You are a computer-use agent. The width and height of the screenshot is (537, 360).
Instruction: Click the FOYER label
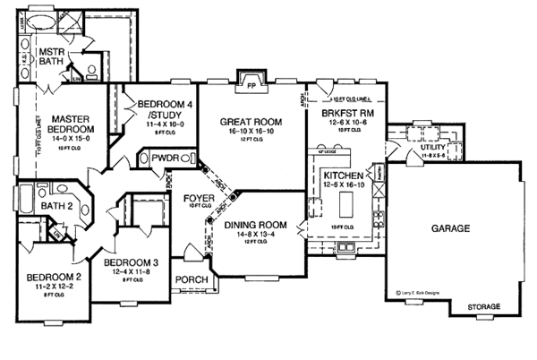click(197, 197)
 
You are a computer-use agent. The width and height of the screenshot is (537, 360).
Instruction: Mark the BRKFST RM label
click(339, 114)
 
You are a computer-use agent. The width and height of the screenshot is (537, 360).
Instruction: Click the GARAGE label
click(451, 229)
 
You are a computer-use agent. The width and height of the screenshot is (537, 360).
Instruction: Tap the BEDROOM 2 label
click(44, 277)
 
